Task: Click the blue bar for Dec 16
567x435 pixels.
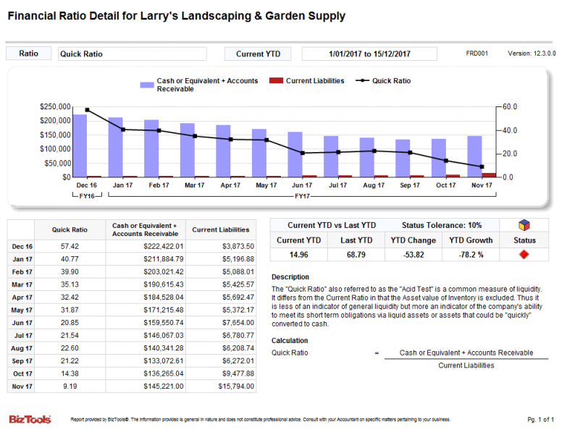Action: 80,145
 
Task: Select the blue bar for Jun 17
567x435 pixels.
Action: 295,154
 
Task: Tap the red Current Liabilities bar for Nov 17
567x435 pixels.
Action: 490,174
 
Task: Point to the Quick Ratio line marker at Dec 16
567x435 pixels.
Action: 87,110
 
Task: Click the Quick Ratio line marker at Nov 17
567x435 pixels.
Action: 482,166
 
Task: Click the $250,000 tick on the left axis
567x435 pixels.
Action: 55,107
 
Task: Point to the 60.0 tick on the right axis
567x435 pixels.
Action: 510,107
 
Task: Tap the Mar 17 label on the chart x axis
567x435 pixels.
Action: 194,185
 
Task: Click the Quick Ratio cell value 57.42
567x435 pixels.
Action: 70,247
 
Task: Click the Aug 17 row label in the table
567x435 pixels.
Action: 22,347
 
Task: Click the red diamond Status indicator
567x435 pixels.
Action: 524,255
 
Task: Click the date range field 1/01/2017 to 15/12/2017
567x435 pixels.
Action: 369,54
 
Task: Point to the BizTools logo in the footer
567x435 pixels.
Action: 30,419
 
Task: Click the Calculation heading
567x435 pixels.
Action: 290,341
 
